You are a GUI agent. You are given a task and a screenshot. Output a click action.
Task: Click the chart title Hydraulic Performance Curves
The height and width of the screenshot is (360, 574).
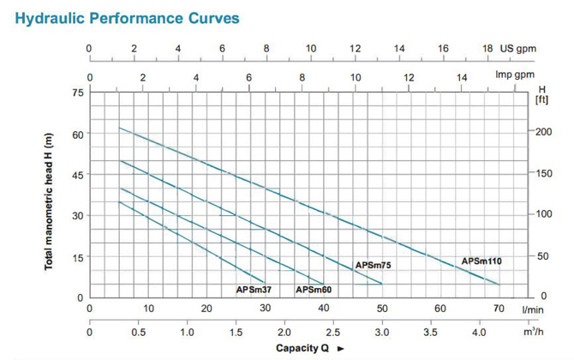[127, 16]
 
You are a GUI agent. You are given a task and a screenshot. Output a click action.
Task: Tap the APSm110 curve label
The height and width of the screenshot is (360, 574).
[481, 261]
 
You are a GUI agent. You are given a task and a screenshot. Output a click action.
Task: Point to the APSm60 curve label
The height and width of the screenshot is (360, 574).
[314, 290]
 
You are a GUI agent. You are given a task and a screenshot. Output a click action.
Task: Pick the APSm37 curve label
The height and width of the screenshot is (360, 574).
[254, 290]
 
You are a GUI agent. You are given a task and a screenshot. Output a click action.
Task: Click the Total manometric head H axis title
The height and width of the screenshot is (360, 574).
[49, 202]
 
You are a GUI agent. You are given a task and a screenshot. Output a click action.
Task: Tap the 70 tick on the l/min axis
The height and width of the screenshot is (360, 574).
[499, 309]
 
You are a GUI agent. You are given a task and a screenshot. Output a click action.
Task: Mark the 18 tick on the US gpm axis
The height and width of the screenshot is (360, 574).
[487, 49]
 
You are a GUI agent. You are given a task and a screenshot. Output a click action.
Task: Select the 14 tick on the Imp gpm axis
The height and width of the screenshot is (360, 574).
[462, 77]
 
